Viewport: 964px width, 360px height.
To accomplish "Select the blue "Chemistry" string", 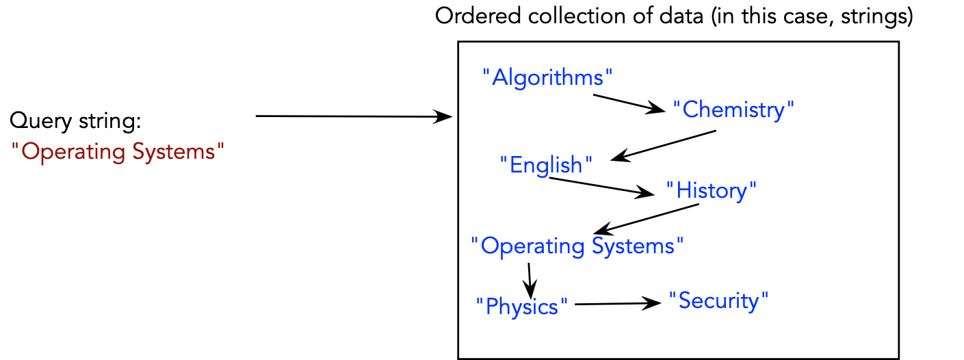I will coord(733,109).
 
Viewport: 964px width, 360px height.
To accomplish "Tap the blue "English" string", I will coord(545,165).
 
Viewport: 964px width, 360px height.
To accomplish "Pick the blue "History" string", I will coord(712,190).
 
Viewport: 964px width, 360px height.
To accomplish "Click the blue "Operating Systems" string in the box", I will coord(577,246).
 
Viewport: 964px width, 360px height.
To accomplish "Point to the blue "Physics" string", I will coord(522,306).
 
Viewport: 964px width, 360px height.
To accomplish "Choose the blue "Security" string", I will coord(719,300).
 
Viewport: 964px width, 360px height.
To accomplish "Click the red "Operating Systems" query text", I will coord(118,151).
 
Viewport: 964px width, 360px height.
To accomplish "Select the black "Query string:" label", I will coord(75,122).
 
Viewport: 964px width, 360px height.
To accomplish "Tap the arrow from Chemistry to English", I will coord(663,146).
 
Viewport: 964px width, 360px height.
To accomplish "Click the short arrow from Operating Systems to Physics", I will coord(529,277).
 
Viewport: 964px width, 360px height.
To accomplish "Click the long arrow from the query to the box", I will coord(353,117).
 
